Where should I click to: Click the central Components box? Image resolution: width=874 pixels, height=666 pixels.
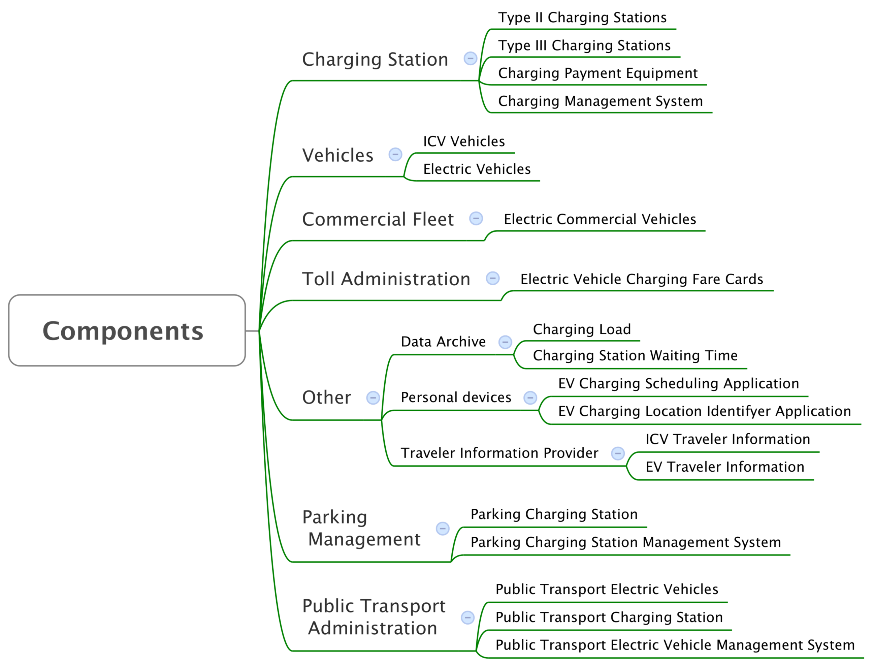(127, 330)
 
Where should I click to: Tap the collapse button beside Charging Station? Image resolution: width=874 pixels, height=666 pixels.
(471, 59)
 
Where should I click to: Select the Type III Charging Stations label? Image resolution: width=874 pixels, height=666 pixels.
(584, 45)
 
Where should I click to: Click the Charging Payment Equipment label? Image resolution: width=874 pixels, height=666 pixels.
(598, 73)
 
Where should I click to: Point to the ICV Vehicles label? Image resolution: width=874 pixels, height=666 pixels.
(464, 141)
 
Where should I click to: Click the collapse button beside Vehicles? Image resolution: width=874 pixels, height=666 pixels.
(395, 155)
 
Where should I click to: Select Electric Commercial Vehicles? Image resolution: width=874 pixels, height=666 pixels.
(600, 219)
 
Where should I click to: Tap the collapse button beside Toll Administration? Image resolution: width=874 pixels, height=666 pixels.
(493, 278)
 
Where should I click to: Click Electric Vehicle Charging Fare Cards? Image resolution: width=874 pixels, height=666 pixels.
(642, 279)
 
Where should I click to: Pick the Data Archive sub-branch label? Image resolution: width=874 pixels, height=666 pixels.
(443, 342)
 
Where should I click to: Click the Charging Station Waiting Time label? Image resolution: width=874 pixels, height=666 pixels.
(635, 356)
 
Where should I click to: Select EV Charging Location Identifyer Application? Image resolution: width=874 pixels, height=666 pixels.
(705, 411)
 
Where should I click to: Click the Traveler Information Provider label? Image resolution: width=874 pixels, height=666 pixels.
(499, 453)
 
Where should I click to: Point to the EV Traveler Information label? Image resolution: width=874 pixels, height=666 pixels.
(725, 467)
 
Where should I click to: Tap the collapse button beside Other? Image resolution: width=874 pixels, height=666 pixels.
(373, 398)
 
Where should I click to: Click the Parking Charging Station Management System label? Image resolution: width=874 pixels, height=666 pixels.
(626, 542)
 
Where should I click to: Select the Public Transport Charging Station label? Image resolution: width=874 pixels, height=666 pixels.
(609, 617)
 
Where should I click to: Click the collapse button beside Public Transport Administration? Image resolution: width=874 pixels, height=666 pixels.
(468, 617)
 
